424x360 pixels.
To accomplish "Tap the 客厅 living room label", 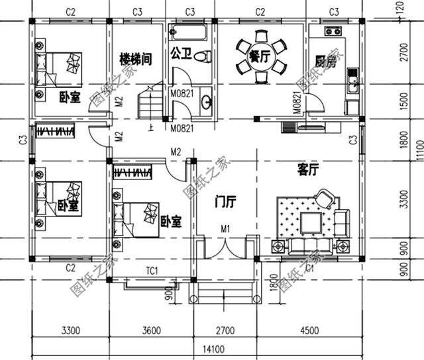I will pos(307,171).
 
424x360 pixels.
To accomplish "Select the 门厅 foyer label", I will pos(223,203).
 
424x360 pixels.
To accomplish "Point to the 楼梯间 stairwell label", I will pos(136,58).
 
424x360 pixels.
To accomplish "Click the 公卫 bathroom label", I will pos(181,52).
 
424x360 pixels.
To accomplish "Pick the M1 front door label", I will pos(225,229).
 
